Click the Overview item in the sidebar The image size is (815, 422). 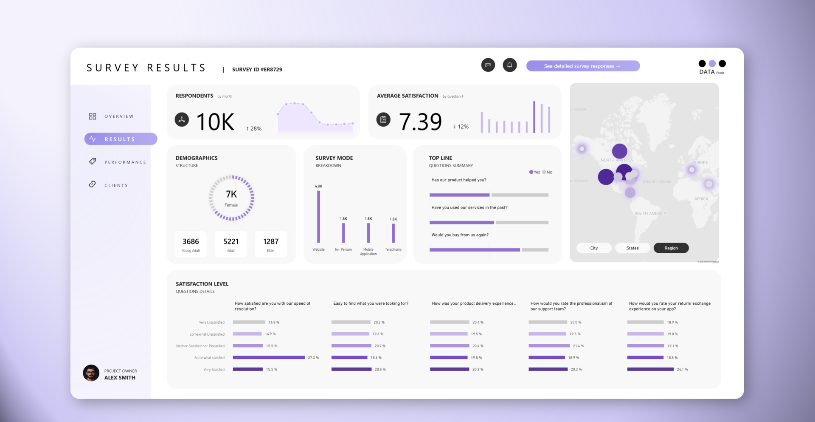tap(111, 116)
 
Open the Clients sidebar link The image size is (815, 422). tap(109, 185)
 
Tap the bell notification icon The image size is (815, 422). tap(509, 65)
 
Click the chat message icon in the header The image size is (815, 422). tap(488, 65)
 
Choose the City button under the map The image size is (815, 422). tap(594, 248)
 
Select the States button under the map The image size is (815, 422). tap(632, 248)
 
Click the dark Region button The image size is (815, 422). tap(671, 248)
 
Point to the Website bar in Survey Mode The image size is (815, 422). tap(318, 217)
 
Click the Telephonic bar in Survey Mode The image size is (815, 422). tap(393, 233)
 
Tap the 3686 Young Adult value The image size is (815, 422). tap(191, 244)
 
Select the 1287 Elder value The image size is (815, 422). tap(271, 244)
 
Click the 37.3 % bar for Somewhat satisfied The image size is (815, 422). tap(269, 358)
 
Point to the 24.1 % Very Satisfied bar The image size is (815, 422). tap(650, 369)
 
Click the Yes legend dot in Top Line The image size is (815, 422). tap(531, 172)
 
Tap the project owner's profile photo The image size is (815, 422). tap(91, 373)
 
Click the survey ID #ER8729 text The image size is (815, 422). tap(257, 70)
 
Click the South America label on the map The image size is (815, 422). tap(650, 213)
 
